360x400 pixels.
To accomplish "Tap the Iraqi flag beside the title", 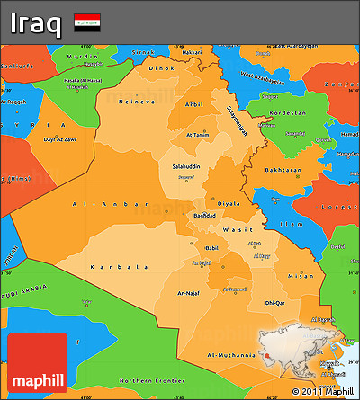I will point(87,22).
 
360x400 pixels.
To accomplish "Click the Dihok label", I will point(161,67).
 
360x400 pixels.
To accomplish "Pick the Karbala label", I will point(119,267).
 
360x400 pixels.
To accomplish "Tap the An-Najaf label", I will point(190,292).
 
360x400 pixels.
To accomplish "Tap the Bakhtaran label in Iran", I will point(283,170).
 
